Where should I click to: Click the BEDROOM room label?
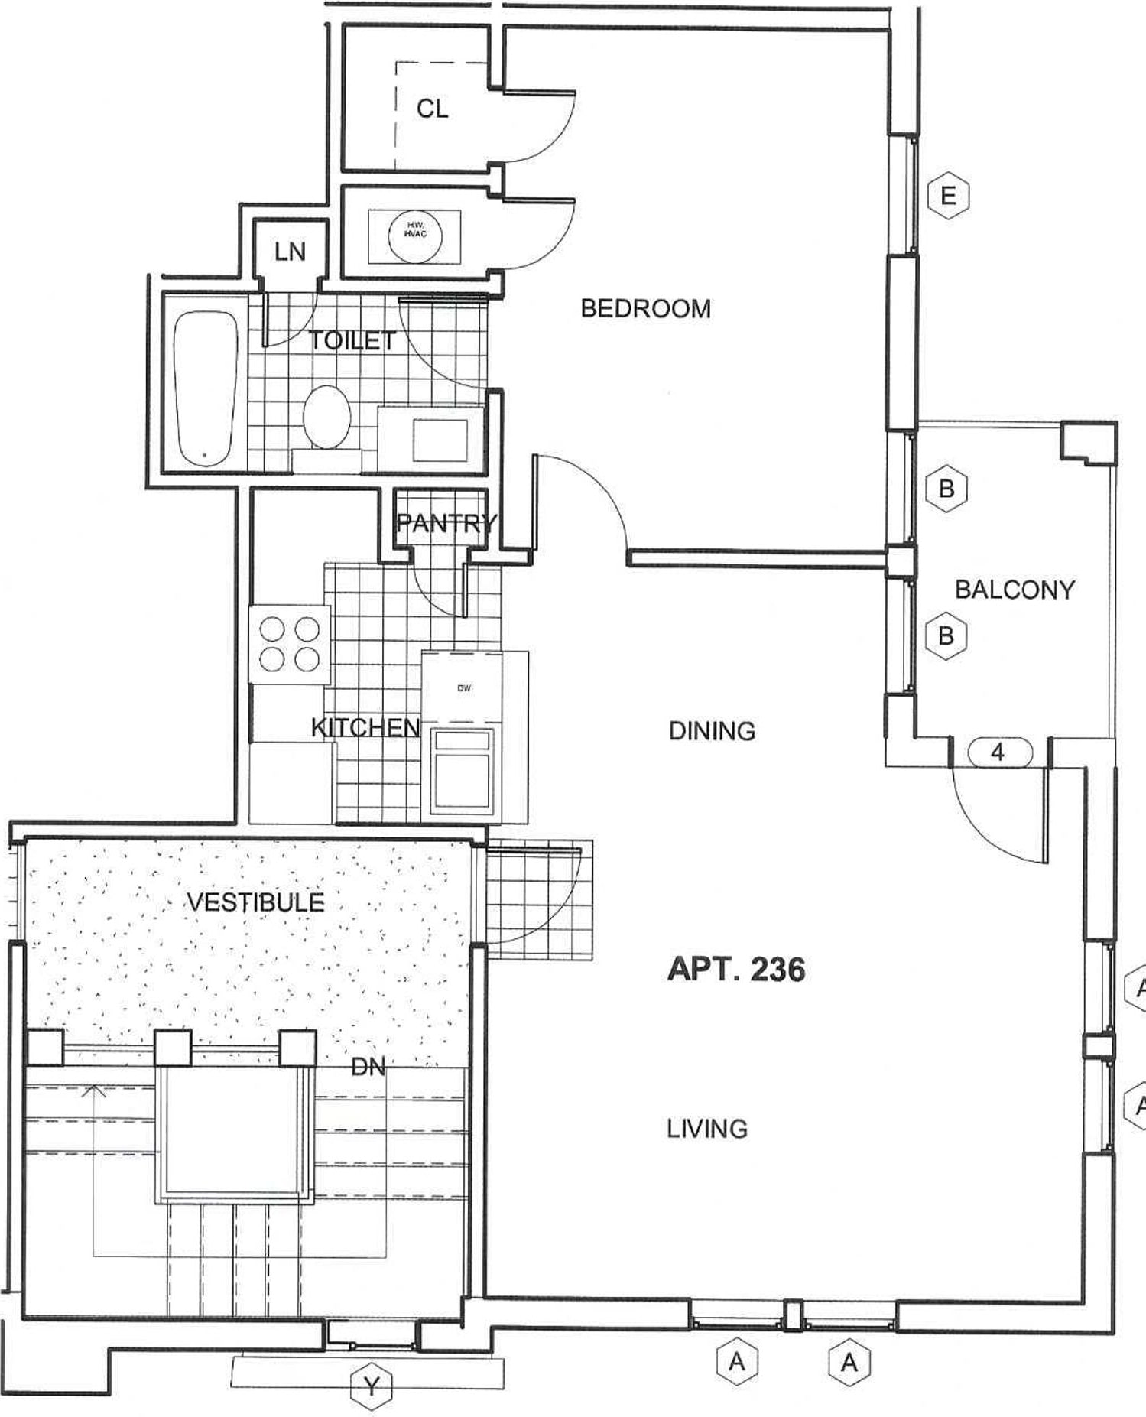coord(645,308)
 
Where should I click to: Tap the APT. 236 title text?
coord(736,969)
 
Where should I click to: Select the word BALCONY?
coord(1015,590)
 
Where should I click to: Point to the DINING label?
coord(712,731)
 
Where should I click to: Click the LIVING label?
coord(707,1129)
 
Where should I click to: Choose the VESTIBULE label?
coord(255,902)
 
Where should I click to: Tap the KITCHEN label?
coord(365,727)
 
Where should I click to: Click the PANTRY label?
coord(446,524)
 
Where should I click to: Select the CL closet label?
coord(432,109)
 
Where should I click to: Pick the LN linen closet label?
coord(290,252)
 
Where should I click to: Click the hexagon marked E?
coord(948,196)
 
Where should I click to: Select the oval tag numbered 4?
coord(998,752)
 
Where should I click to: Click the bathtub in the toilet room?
coord(204,390)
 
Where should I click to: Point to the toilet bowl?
coord(326,417)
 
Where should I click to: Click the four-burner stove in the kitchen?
coord(290,643)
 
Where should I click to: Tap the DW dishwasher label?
coord(464,687)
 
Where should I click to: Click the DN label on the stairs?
coord(368,1067)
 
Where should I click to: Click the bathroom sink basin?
coord(440,440)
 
